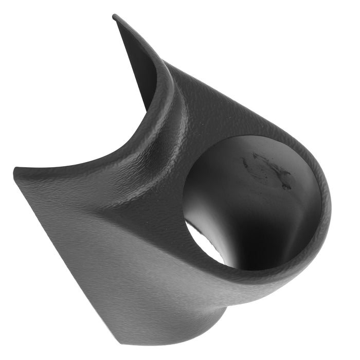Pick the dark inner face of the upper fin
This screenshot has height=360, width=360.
click(x=139, y=67)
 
